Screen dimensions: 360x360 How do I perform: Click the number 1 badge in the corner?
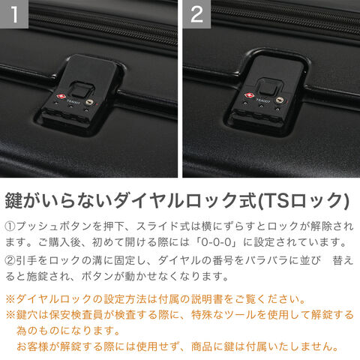[14, 14]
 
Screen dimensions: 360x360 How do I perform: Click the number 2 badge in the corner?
[196, 14]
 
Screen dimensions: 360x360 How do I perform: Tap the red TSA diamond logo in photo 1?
[59, 96]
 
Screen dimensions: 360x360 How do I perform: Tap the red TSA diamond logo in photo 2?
[248, 95]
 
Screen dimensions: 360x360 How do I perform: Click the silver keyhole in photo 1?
[90, 102]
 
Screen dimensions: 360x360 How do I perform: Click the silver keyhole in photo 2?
[280, 100]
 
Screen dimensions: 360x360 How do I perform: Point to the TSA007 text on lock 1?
[73, 102]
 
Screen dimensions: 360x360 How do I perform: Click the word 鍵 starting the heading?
[14, 200]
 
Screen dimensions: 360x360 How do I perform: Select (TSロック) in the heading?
[303, 200]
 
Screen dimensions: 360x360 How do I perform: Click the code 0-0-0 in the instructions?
[217, 242]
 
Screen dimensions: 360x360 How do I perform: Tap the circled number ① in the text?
[10, 226]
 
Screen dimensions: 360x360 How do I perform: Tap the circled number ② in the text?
[10, 261]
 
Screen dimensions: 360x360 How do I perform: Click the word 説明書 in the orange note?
[207, 299]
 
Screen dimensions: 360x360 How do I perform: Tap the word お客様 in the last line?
[32, 346]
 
